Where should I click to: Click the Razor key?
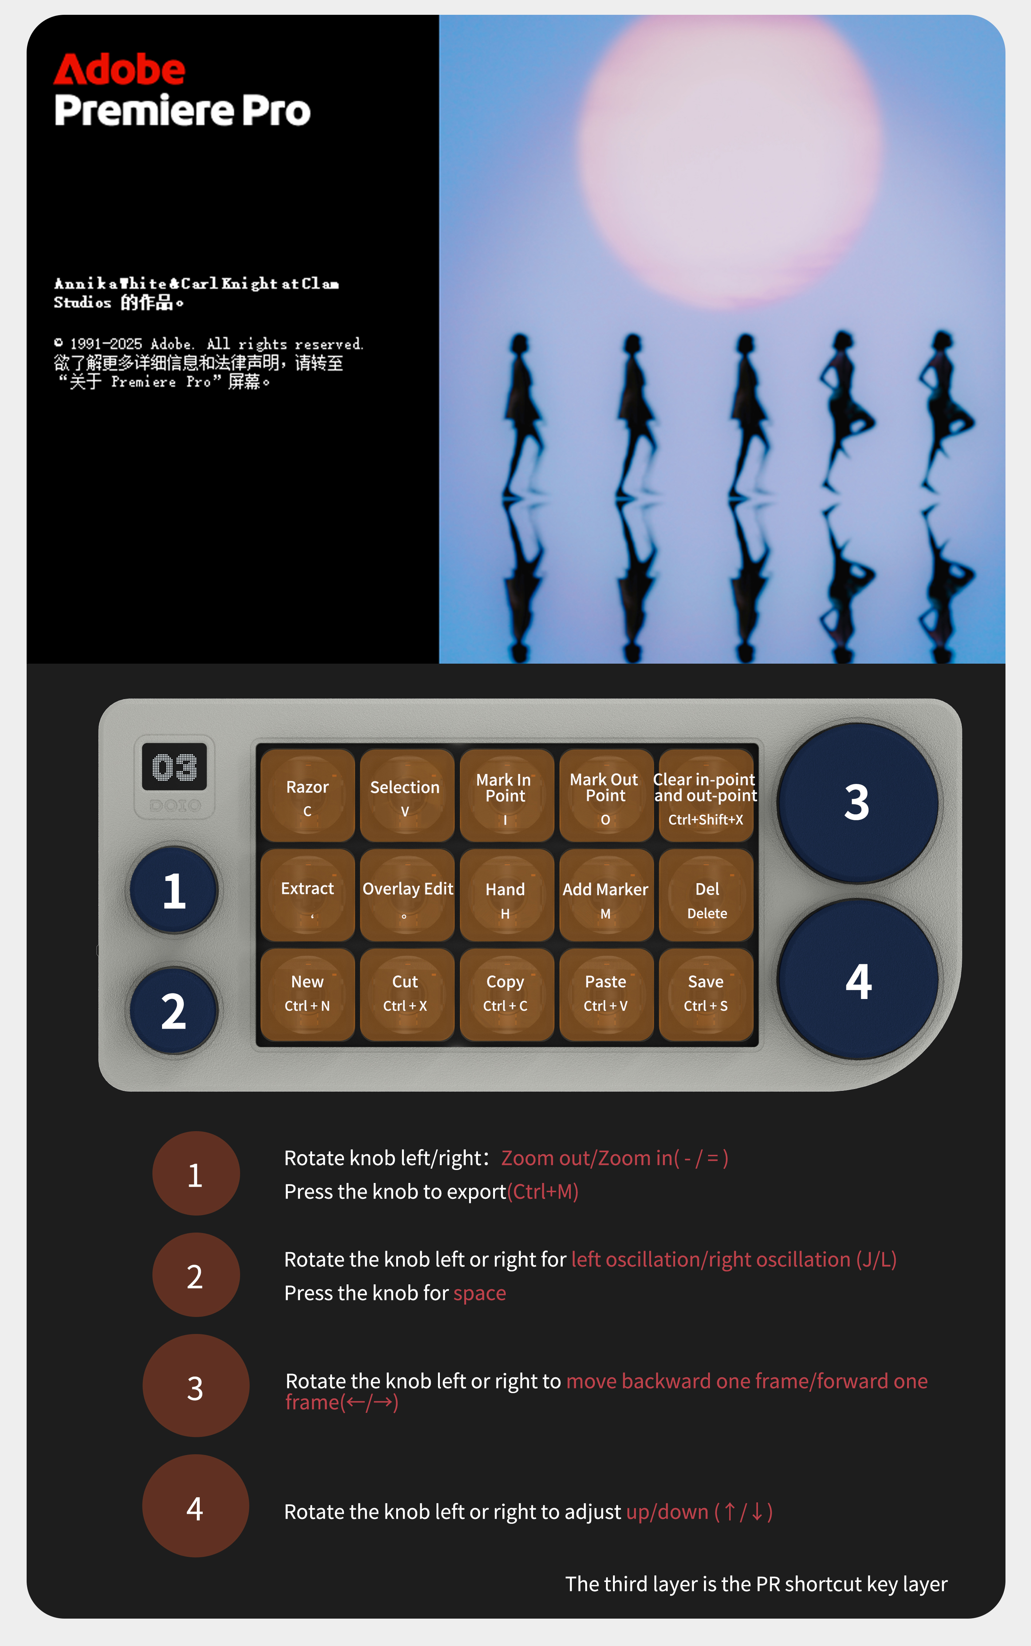307,795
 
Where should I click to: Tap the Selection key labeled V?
407,795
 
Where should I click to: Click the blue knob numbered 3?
858,803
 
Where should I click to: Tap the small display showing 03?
175,767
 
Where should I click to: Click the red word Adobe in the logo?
119,70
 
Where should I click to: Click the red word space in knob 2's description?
480,1293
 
